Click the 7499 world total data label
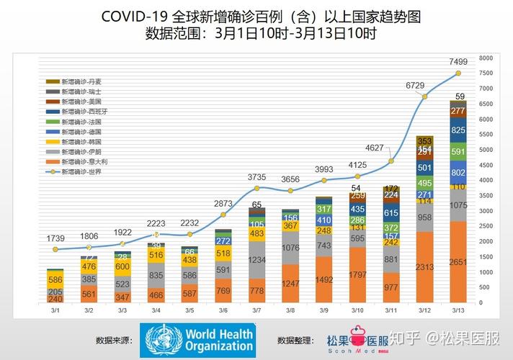click(458, 61)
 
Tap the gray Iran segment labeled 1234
click(257, 260)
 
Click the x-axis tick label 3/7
click(257, 310)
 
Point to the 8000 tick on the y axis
click(486, 58)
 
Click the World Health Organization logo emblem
click(162, 339)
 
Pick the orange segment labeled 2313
click(424, 267)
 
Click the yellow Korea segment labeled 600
click(123, 266)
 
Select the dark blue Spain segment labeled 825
click(458, 130)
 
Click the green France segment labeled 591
click(458, 152)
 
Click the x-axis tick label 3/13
click(458, 310)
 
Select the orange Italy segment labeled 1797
click(357, 275)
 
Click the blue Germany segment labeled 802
click(458, 173)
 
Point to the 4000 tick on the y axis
click(486, 180)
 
